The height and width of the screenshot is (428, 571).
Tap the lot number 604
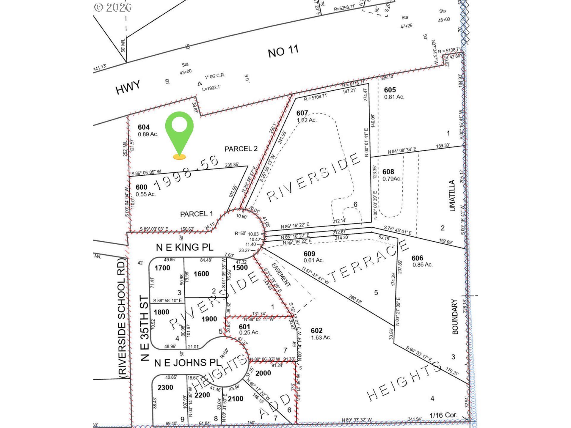pyautogui.click(x=144, y=127)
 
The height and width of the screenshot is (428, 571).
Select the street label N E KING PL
pyautogui.click(x=184, y=247)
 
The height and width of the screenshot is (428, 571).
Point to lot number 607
pyautogui.click(x=302, y=113)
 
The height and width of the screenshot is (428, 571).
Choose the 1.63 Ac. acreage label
pyautogui.click(x=321, y=338)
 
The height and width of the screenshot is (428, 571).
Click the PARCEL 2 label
pyautogui.click(x=241, y=149)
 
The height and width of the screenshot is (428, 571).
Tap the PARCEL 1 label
pyautogui.click(x=197, y=214)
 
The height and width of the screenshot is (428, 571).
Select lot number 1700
pyautogui.click(x=162, y=268)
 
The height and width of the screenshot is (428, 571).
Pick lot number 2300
pyautogui.click(x=165, y=388)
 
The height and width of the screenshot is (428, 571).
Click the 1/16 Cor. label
pyautogui.click(x=443, y=415)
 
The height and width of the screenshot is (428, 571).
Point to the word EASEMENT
pyautogui.click(x=281, y=275)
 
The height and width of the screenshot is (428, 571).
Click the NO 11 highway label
pyautogui.click(x=283, y=51)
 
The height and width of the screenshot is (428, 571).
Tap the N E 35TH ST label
pyautogui.click(x=144, y=328)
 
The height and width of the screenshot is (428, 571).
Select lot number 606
pyautogui.click(x=417, y=258)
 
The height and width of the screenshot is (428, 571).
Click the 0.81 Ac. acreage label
pyautogui.click(x=394, y=97)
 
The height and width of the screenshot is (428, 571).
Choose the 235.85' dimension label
pyautogui.click(x=232, y=165)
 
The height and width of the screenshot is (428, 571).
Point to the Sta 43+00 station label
pyautogui.click(x=185, y=68)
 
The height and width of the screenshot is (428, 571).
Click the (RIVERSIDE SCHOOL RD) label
pyautogui.click(x=122, y=318)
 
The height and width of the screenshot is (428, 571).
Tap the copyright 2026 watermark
pyautogui.click(x=113, y=7)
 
